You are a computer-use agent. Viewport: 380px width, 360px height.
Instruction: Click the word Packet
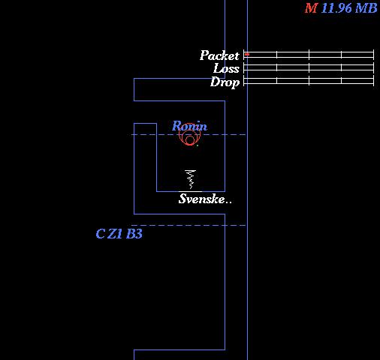[x=219, y=55]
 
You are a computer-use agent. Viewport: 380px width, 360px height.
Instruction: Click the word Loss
[x=226, y=68]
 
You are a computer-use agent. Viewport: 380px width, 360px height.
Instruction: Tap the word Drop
[x=225, y=82]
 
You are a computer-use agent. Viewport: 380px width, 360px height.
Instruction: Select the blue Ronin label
[x=189, y=126]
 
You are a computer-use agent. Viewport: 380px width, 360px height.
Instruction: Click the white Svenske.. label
[x=205, y=199]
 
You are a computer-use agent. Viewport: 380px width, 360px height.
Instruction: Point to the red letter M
[x=311, y=8]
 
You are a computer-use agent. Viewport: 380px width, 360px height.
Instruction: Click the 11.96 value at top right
[x=336, y=8]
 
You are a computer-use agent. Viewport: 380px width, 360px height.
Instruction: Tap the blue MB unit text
[x=366, y=8]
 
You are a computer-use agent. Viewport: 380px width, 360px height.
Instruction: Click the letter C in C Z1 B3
[x=101, y=234]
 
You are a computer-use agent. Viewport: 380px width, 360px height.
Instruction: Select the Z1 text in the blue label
[x=115, y=234]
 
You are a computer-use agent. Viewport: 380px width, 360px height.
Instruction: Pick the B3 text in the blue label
[x=134, y=234]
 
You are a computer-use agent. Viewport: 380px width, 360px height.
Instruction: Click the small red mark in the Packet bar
[x=247, y=54]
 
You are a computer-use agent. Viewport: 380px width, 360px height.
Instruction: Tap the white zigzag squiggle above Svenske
[x=190, y=179]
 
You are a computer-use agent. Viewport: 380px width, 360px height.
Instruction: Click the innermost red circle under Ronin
[x=190, y=139]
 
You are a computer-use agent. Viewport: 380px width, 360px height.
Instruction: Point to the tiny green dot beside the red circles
[x=198, y=145]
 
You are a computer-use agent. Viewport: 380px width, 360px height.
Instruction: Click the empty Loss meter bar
[x=309, y=67]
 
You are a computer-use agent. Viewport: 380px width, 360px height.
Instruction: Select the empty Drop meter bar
[x=309, y=81]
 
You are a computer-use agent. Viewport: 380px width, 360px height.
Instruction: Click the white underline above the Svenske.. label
[x=190, y=192]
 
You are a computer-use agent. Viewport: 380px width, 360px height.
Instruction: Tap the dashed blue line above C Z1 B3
[x=188, y=225]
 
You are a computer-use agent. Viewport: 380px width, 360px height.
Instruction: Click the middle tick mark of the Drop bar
[x=309, y=81]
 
